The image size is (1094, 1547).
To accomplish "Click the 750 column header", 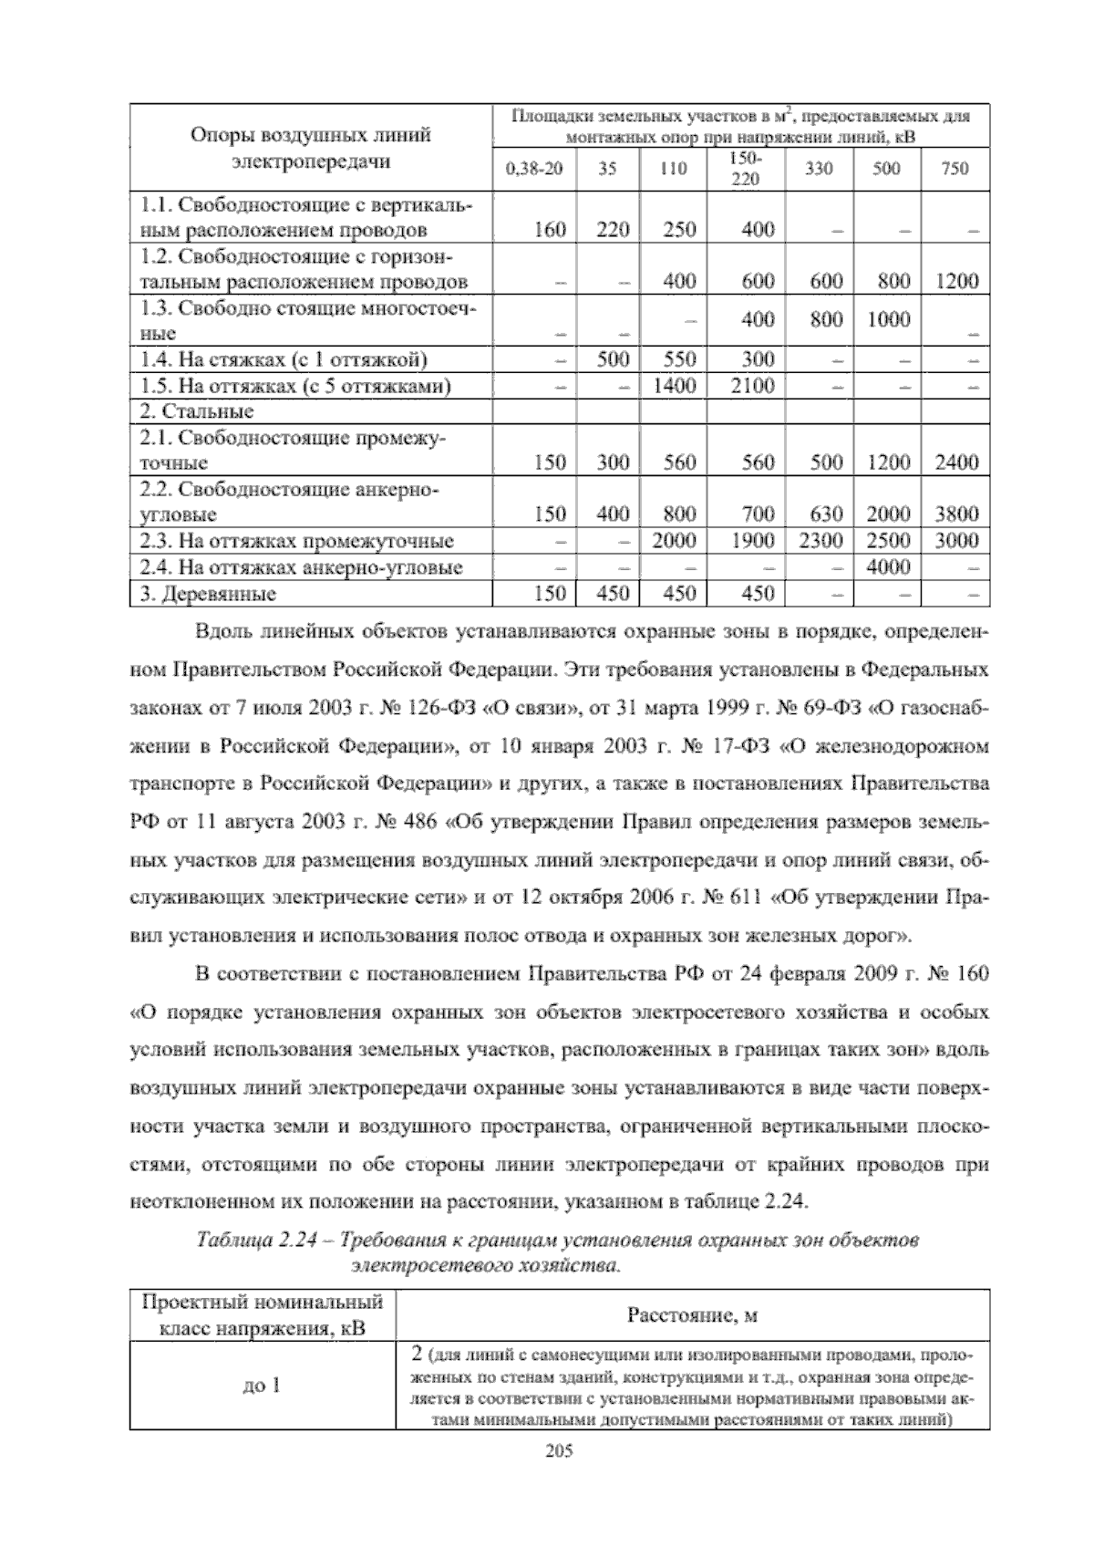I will click(x=955, y=169).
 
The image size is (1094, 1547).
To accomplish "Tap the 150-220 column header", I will click(x=746, y=169).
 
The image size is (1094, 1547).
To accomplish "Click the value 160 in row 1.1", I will click(x=550, y=229).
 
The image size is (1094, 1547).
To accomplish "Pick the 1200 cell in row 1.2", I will click(x=956, y=281).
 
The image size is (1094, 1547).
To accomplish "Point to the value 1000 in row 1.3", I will click(x=888, y=319).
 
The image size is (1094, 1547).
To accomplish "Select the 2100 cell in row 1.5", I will click(x=752, y=386).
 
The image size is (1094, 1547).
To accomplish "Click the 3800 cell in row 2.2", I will click(x=956, y=514).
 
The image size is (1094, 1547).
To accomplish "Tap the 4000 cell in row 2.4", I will click(x=888, y=567).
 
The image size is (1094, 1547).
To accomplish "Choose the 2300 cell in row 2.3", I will click(x=820, y=540).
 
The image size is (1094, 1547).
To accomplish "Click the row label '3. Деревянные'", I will click(x=208, y=595).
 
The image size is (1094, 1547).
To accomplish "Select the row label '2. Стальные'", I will click(x=196, y=411).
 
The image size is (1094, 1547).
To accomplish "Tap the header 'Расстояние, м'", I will click(x=693, y=1315).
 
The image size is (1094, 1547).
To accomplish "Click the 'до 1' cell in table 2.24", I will click(x=261, y=1386).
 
